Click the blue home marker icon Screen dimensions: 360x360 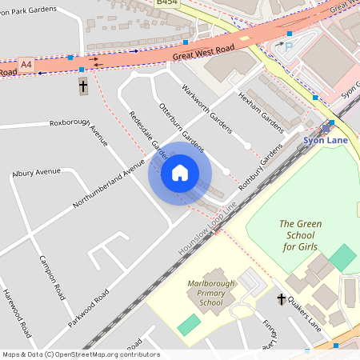(x=180, y=173)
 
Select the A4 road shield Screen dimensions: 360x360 (x=27, y=63)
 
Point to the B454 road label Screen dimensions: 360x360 (x=167, y=3)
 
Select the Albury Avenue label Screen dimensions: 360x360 (x=36, y=171)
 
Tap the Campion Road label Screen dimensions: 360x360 (x=52, y=278)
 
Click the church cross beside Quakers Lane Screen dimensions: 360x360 (x=281, y=299)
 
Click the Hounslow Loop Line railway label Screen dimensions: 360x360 (x=208, y=229)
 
